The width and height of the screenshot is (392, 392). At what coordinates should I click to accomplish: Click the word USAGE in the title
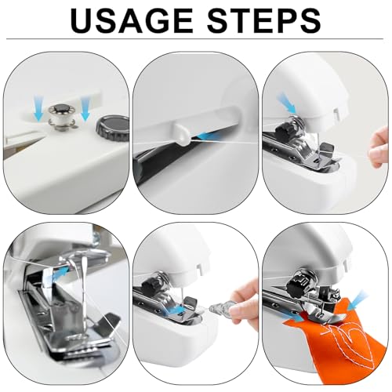point(132,20)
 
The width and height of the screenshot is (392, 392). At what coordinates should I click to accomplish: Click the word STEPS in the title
point(264,20)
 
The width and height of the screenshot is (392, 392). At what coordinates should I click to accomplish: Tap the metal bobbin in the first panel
point(60,115)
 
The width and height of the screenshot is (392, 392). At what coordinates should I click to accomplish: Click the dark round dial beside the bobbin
point(113,125)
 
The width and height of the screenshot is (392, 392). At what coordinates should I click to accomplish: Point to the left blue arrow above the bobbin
point(38,108)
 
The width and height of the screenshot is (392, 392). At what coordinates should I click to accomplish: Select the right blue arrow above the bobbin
point(85,108)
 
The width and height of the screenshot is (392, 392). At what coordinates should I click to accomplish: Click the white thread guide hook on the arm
point(180,134)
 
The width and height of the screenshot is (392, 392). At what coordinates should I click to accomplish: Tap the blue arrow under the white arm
point(209,136)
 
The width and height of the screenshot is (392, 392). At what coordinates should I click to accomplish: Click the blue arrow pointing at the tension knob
point(287,103)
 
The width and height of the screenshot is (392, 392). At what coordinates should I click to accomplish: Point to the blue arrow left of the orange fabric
point(294,317)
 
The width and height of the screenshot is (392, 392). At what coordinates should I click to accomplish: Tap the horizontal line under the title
point(194,39)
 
